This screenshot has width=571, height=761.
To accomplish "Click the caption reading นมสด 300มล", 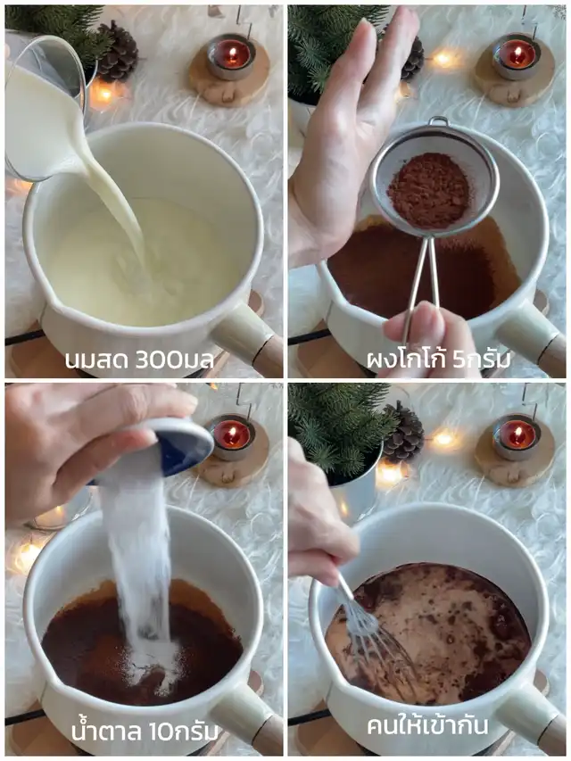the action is pos(140,360).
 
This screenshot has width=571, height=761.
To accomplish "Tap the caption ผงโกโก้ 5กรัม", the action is pos(439,360).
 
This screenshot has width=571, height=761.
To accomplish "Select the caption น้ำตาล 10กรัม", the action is pos(145,731).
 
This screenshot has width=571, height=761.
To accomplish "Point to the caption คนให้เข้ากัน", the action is pos(427,725).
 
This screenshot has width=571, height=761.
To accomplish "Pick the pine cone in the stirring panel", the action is pos(404,432).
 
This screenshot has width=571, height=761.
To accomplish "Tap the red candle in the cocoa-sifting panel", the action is pos(517,54).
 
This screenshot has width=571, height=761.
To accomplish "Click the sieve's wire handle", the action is pos(420,282).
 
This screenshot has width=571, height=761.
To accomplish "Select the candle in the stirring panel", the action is pos(517,434).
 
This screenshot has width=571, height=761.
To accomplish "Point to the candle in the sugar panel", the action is pos(232,436).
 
